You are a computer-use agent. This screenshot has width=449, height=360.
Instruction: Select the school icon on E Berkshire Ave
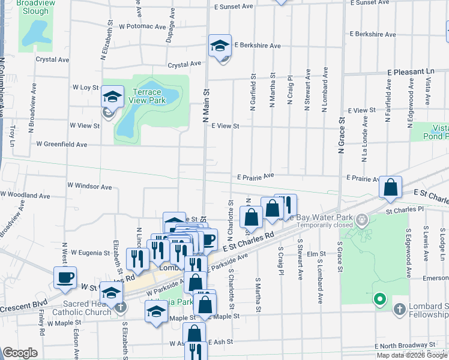(x=220, y=45)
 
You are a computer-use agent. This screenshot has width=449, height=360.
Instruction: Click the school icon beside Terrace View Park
(x=112, y=96)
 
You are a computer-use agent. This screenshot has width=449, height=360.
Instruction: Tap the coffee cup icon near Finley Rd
(x=65, y=277)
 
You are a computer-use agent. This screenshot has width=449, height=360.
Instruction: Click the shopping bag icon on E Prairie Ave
(x=391, y=187)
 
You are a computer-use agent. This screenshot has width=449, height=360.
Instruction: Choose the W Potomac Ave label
(x=142, y=27)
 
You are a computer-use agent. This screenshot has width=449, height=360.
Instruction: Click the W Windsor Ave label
(x=89, y=187)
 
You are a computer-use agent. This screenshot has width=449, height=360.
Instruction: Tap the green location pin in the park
(x=379, y=298)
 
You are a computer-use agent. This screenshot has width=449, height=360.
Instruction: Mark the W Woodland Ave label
(x=25, y=195)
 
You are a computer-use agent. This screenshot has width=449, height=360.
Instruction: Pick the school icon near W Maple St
(x=156, y=311)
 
